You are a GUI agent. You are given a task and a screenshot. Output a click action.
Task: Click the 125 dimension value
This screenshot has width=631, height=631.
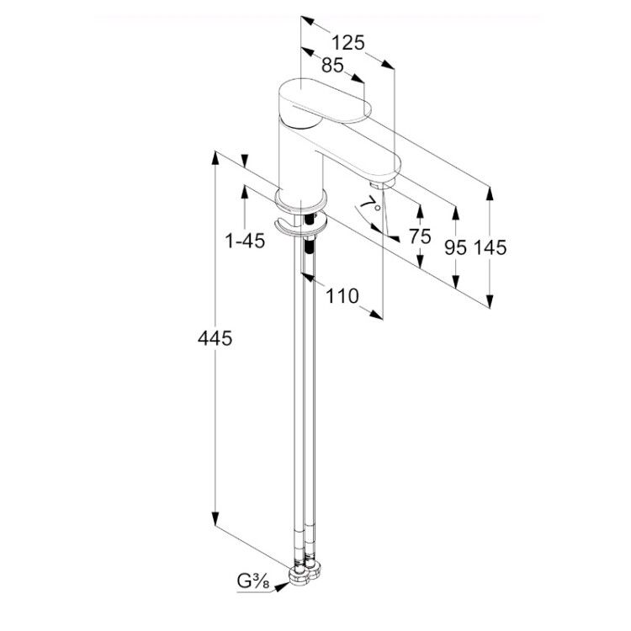click(348, 43)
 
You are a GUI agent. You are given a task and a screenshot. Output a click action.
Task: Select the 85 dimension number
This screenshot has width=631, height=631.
click(332, 65)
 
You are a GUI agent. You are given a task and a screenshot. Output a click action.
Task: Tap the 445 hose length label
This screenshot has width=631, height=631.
click(215, 338)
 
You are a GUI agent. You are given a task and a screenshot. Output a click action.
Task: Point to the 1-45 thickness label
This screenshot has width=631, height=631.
click(245, 241)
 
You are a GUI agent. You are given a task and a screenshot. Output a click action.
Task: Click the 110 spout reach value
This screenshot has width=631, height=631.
click(342, 296)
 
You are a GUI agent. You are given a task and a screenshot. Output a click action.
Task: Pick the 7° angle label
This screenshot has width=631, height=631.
click(370, 204)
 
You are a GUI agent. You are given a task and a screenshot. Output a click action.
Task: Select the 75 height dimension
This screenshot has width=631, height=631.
click(420, 236)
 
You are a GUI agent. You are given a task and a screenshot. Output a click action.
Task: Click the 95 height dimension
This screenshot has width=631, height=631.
click(455, 247)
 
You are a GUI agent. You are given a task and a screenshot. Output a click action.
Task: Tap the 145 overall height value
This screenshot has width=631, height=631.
click(490, 247)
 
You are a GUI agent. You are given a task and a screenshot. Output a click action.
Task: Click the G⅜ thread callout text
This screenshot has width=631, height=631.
click(252, 582)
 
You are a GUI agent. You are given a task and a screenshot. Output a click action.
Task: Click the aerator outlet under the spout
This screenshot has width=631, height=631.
click(380, 184)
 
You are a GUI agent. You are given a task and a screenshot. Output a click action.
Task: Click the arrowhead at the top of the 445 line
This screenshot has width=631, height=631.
click(215, 158)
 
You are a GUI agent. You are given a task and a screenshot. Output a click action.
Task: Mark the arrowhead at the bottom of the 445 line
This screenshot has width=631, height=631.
click(215, 518)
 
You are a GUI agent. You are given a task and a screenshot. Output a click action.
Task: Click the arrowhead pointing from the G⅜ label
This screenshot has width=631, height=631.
click(282, 586)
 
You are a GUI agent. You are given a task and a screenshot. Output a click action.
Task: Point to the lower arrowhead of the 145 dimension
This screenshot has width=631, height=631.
click(490, 301)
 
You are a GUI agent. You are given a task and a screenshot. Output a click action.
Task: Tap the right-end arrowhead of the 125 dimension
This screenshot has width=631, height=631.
click(388, 65)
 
